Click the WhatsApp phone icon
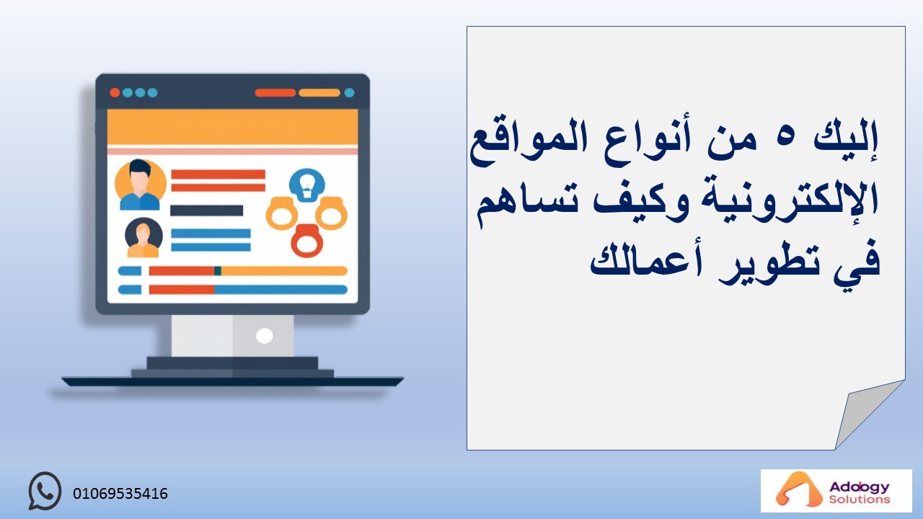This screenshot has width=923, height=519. (45, 491)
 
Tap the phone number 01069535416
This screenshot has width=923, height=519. (120, 494)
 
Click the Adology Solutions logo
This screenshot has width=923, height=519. (836, 491)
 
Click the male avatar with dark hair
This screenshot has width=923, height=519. (140, 185)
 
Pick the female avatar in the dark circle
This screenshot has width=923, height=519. (143, 238)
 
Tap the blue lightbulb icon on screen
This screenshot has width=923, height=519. (306, 185)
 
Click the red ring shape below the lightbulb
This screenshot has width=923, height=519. (306, 241)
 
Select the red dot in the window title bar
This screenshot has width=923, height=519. (115, 93)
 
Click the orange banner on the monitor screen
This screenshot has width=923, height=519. (232, 127)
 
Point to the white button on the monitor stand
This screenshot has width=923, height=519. (264, 336)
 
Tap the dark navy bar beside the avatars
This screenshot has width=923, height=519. (206, 210)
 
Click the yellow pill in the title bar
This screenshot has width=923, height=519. (319, 93)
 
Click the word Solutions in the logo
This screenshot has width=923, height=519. (860, 500)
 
